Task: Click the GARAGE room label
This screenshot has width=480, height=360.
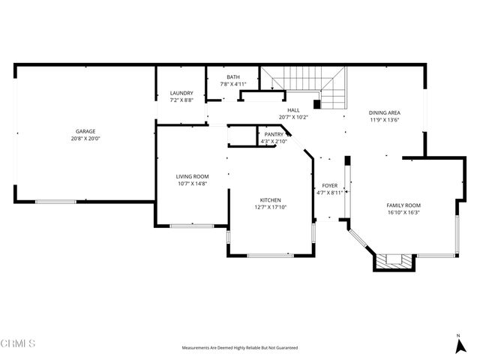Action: point(85,131)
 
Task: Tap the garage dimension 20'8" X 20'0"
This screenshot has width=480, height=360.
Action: point(85,139)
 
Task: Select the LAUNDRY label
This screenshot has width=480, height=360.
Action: point(181,93)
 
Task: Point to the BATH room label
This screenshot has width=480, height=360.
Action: point(233,76)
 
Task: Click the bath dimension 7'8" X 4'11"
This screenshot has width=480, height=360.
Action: point(233,84)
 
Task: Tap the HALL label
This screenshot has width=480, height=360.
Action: point(293,110)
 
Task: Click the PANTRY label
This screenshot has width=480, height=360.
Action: point(274,134)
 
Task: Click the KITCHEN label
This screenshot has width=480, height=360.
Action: point(270,200)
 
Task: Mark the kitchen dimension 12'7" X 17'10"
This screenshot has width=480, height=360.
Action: point(270,208)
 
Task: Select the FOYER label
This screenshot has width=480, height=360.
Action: point(330,185)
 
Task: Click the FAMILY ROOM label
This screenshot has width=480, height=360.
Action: point(403,205)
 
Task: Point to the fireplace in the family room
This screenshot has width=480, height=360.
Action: point(394,261)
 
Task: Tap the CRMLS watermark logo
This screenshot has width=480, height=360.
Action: point(19,343)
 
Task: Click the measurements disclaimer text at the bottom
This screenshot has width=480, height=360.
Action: point(240,348)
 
